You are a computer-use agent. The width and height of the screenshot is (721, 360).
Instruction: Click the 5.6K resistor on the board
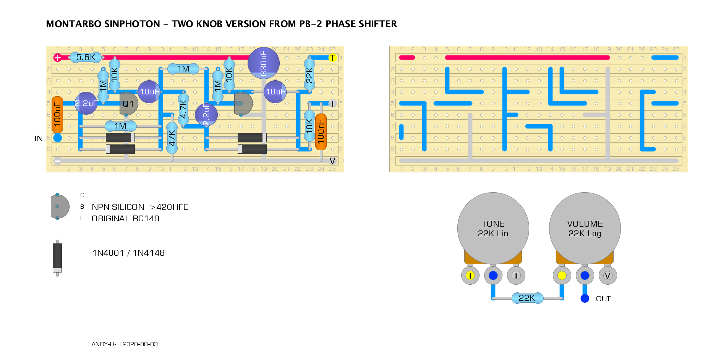pos(86,57)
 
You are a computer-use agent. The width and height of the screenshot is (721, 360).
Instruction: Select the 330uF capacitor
pos(263,63)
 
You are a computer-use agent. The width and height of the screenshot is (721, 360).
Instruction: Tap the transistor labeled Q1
pos(128,104)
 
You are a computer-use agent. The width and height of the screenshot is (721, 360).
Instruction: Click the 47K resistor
pos(172,138)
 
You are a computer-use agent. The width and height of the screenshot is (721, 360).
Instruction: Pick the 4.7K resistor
pos(183,109)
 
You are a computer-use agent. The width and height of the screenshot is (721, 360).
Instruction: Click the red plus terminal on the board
pos(58,58)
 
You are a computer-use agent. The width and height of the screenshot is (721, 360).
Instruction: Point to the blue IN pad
pos(58,138)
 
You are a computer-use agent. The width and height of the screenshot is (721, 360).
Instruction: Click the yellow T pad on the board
pos(332,58)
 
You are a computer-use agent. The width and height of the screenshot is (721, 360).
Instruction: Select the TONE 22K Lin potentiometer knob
pos(493,228)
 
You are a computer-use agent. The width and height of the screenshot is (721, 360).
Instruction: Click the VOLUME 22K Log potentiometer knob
pos(585,228)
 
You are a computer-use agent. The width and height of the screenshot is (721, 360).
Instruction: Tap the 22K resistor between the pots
pos(527,298)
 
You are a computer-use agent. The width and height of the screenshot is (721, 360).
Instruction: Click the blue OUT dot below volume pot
pos(585,298)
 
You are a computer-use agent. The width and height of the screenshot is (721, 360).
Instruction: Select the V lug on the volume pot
pos(608,276)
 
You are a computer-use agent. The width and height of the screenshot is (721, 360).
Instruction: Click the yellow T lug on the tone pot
pos(470,276)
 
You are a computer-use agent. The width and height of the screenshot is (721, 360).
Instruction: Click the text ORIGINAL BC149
pos(125,219)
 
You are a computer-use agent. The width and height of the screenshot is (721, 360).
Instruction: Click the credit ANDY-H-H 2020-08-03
pos(125,344)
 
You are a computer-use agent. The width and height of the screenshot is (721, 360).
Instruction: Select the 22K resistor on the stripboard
pos(309,75)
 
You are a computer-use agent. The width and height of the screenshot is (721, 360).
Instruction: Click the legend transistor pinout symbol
pos(60,206)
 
